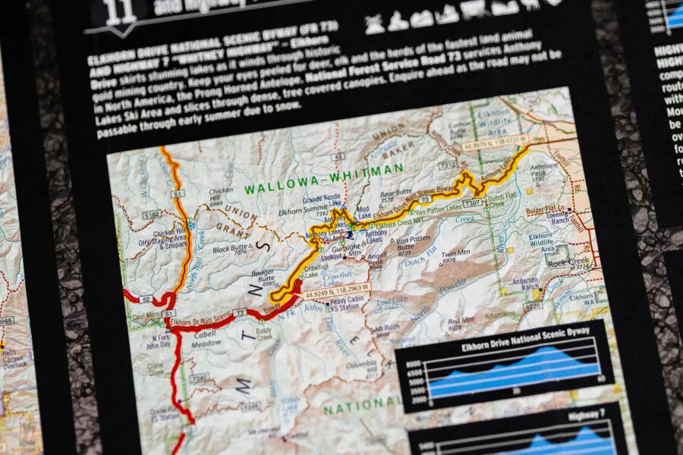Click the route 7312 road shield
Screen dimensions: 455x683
[447, 165]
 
